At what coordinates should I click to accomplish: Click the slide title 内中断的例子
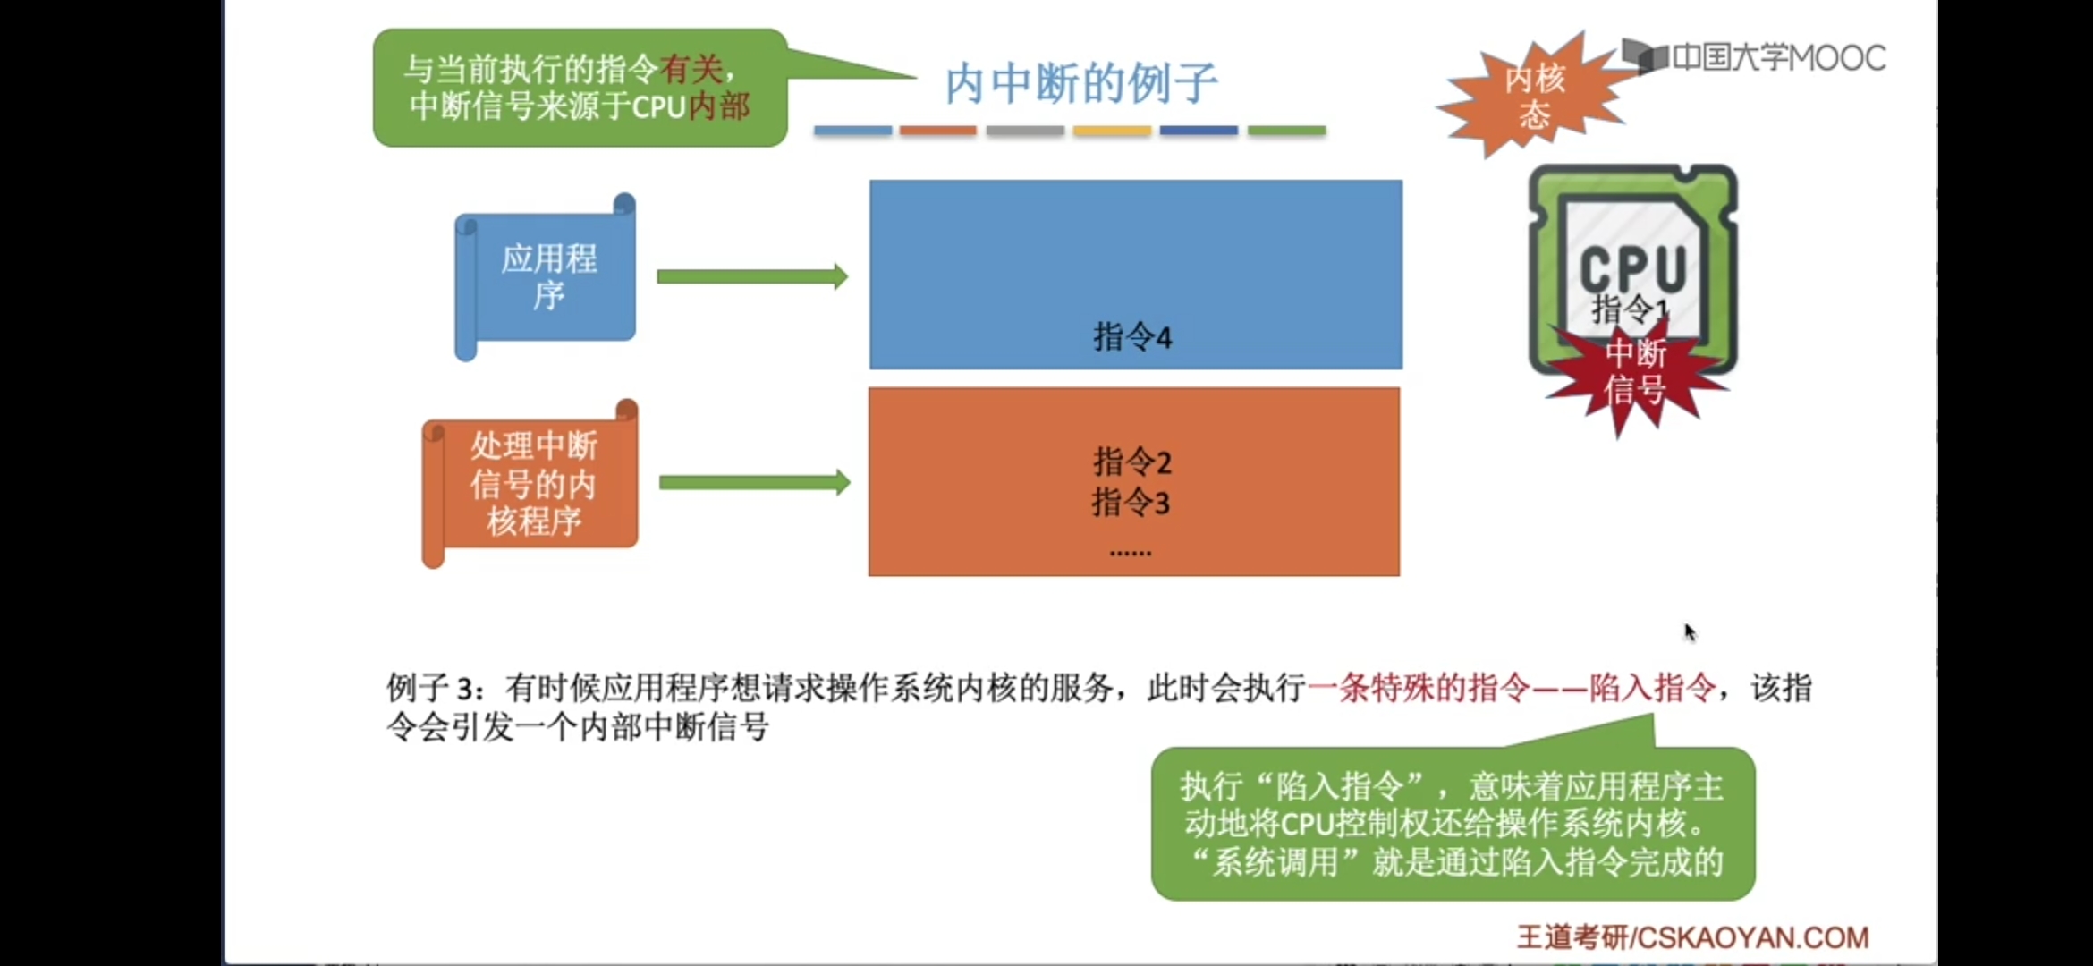[1080, 83]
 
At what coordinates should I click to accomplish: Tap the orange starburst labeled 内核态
[1534, 97]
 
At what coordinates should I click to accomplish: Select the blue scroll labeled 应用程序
[547, 275]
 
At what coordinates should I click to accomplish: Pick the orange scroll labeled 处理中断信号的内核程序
[533, 482]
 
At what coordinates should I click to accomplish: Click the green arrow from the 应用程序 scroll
[751, 276]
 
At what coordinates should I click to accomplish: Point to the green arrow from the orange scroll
[754, 483]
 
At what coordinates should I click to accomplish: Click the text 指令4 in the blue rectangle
[1131, 337]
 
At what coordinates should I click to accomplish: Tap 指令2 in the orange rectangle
[1131, 462]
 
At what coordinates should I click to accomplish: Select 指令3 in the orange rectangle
[1131, 503]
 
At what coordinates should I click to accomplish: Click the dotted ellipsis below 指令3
[1130, 553]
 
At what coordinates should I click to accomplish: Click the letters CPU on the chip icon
[1632, 267]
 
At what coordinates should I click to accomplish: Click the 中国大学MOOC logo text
[1777, 58]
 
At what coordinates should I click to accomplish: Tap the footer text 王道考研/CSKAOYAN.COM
[1692, 936]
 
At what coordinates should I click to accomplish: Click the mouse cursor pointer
[1689, 631]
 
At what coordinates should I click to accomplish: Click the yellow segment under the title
[1112, 131]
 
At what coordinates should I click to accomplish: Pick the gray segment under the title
[1025, 131]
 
